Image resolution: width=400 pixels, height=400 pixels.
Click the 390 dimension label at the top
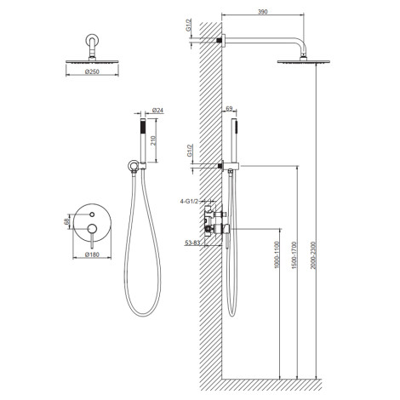click(x=263, y=12)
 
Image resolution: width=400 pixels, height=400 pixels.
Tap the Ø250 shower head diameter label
click(x=92, y=71)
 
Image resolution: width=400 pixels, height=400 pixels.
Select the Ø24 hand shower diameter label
click(x=158, y=110)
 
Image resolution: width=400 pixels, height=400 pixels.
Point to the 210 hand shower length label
click(x=153, y=140)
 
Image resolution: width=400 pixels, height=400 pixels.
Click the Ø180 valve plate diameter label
click(x=92, y=254)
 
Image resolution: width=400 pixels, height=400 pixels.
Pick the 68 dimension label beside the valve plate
click(x=67, y=221)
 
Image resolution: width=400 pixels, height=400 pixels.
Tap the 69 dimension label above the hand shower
click(x=229, y=108)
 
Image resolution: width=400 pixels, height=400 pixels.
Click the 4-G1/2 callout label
click(x=189, y=202)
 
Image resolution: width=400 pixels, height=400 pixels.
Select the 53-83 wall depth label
click(x=192, y=243)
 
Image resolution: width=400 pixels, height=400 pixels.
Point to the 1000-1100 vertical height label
click(x=277, y=254)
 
